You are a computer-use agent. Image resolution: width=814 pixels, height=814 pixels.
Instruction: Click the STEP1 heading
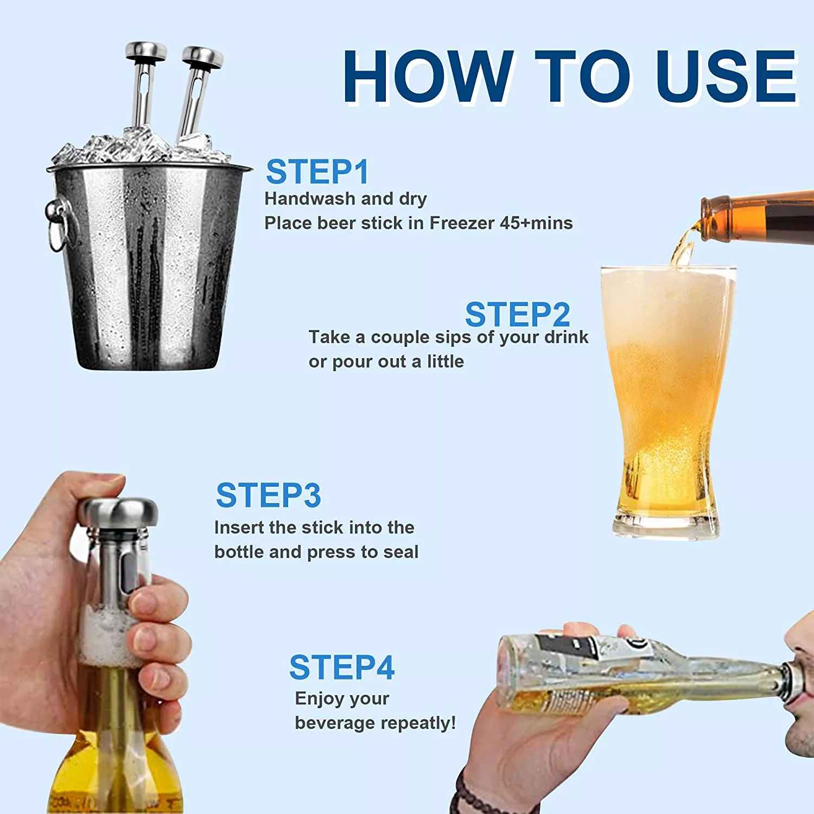tap(317, 172)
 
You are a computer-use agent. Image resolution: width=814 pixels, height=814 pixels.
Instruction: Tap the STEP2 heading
tap(518, 315)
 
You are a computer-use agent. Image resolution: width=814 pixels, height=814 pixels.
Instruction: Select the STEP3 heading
tap(269, 495)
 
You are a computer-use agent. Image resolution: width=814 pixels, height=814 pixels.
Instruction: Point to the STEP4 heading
tap(342, 667)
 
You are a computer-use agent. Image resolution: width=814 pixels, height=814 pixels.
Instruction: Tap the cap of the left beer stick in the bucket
tap(146, 50)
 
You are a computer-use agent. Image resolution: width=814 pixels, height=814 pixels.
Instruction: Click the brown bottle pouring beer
tap(757, 217)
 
